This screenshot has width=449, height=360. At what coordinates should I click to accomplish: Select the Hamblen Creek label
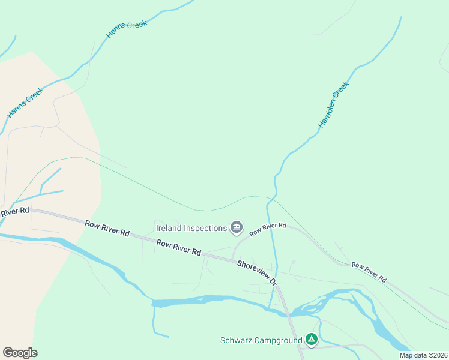333,104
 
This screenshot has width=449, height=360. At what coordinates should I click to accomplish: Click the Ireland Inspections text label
191,228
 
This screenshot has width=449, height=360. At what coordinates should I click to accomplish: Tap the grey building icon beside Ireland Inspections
237,227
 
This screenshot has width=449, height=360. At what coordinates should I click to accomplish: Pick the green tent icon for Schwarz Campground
312,340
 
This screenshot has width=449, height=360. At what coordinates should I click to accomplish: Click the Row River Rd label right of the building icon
268,229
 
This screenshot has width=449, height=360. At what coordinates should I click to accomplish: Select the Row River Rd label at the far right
368,272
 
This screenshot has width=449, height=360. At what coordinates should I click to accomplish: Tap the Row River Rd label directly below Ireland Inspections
179,248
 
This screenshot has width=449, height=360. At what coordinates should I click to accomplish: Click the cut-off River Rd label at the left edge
14,212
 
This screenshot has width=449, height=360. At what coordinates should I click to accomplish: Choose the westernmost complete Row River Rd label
107,227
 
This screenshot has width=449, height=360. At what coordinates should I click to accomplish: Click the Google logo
20,353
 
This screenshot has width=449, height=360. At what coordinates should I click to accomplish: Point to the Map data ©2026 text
424,355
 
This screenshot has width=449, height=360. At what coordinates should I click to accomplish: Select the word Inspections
205,228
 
